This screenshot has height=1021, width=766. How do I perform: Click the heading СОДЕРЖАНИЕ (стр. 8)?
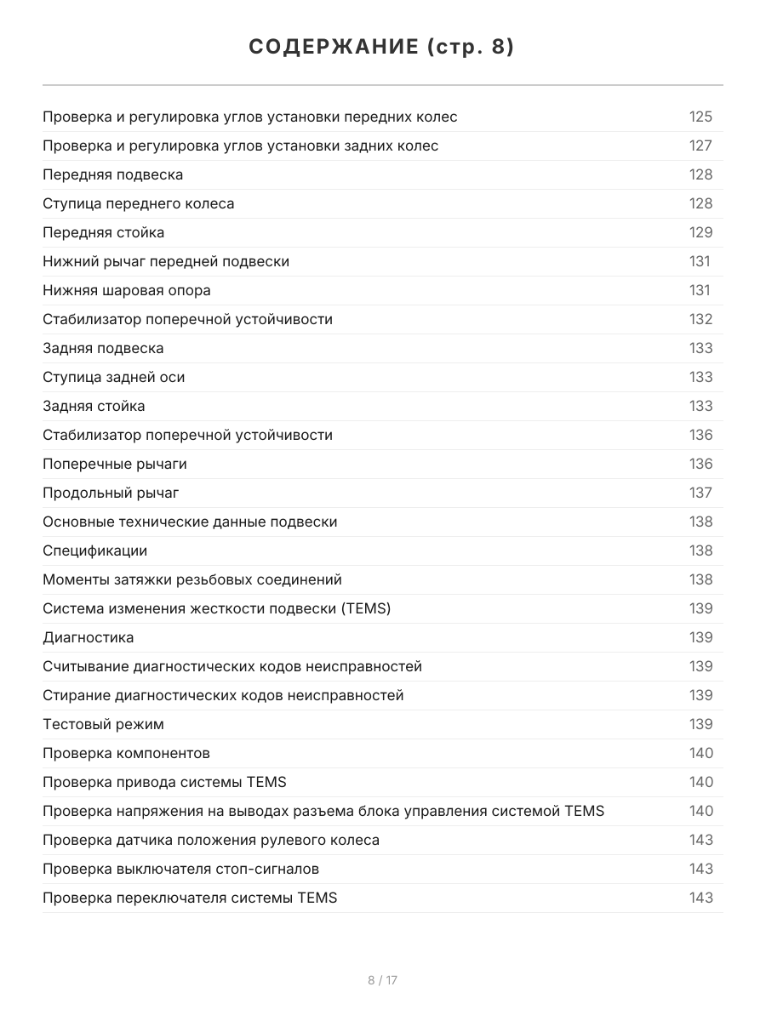(x=382, y=48)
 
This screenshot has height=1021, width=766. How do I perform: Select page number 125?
(x=700, y=117)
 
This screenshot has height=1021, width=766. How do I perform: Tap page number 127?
(x=700, y=146)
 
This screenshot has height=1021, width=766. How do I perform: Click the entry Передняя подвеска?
(x=113, y=175)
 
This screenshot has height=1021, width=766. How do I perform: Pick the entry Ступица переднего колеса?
(x=139, y=204)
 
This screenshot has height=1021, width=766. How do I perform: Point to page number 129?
(x=700, y=233)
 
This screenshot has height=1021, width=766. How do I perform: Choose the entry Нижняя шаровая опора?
(x=127, y=291)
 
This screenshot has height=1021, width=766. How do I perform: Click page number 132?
(x=700, y=320)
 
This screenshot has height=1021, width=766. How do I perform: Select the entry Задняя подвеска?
(x=103, y=349)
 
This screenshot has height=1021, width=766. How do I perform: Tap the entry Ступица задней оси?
(x=113, y=378)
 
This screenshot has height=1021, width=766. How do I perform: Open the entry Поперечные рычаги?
(x=115, y=465)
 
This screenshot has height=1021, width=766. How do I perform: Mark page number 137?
(x=700, y=493)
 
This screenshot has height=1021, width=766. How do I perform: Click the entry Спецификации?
(x=94, y=551)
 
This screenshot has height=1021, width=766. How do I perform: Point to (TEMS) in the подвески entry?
(x=363, y=609)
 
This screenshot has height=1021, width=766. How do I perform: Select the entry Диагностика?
(x=89, y=638)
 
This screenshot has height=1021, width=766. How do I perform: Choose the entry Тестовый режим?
(x=103, y=725)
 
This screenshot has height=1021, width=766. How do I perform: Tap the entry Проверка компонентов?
(x=126, y=754)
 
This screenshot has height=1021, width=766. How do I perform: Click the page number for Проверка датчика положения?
(x=700, y=841)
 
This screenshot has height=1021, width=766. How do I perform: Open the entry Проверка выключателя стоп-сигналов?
(x=181, y=870)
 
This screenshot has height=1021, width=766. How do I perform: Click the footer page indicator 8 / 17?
(x=382, y=980)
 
